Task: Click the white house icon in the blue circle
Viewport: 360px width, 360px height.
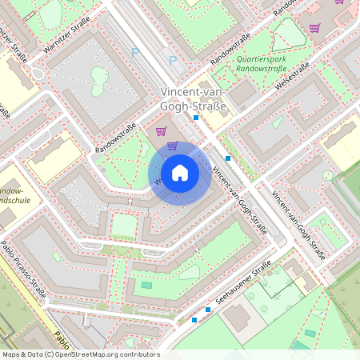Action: coord(179,173)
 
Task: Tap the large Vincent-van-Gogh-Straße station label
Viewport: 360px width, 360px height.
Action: coord(194,99)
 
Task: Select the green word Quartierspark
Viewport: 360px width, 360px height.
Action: coord(265,58)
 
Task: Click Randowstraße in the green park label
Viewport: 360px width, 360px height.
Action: coord(265,69)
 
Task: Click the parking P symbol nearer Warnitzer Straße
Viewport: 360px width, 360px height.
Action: coord(134,50)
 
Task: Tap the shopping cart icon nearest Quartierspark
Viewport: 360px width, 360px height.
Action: coord(314,28)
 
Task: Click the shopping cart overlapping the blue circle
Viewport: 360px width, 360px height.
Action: coord(173,146)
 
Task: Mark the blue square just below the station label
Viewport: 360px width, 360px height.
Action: coord(196,117)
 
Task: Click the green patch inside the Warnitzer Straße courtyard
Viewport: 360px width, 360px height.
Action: coord(98,78)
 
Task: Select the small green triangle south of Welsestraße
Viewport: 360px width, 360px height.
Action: coord(277,122)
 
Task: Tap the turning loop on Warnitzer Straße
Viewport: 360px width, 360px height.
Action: coord(38,74)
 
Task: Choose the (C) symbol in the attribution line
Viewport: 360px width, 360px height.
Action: coord(50,354)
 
